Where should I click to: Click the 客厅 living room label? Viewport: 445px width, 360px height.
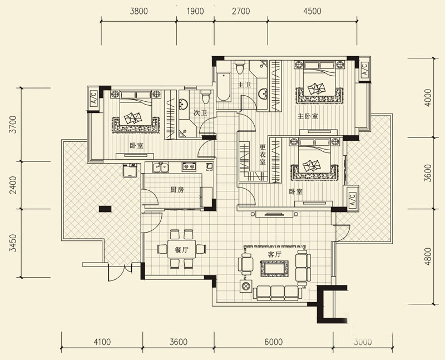click(274, 254)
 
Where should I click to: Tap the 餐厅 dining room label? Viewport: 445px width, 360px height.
click(181, 250)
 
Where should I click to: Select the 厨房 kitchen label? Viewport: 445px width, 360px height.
click(177, 190)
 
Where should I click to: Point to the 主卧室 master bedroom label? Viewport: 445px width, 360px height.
click(308, 116)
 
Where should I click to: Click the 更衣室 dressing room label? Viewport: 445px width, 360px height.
click(263, 155)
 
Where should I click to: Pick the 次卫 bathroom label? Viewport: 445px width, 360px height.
click(200, 113)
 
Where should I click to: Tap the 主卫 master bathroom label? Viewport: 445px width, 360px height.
click(244, 85)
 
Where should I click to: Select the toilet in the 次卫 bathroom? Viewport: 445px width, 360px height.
click(206, 96)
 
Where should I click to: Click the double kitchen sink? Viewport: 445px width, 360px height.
click(161, 167)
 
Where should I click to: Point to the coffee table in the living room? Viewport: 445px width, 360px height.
click(275, 269)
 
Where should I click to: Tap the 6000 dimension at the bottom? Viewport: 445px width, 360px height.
click(273, 342)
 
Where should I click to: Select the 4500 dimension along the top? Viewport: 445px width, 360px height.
click(312, 11)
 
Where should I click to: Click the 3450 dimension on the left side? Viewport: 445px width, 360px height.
click(12, 243)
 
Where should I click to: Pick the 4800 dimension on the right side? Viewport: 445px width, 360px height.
click(428, 257)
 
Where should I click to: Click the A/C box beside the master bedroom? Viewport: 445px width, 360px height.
click(364, 69)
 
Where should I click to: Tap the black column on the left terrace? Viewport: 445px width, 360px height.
click(105, 209)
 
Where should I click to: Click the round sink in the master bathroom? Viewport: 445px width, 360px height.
click(263, 93)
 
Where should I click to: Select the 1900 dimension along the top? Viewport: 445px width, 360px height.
click(195, 11)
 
